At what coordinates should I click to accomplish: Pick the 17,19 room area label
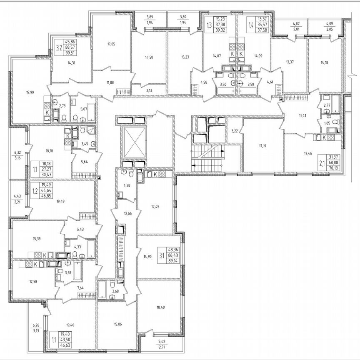click(x=262, y=146)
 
